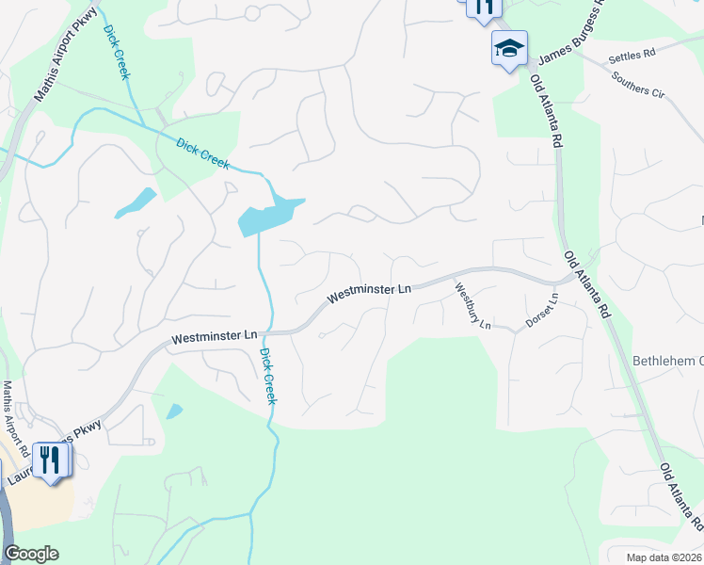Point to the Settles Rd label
631,57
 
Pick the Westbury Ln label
472,306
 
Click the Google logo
31,554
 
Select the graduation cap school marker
509,48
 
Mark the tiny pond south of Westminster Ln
174,412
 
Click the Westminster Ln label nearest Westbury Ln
370,294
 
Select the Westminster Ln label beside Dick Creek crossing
214,336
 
